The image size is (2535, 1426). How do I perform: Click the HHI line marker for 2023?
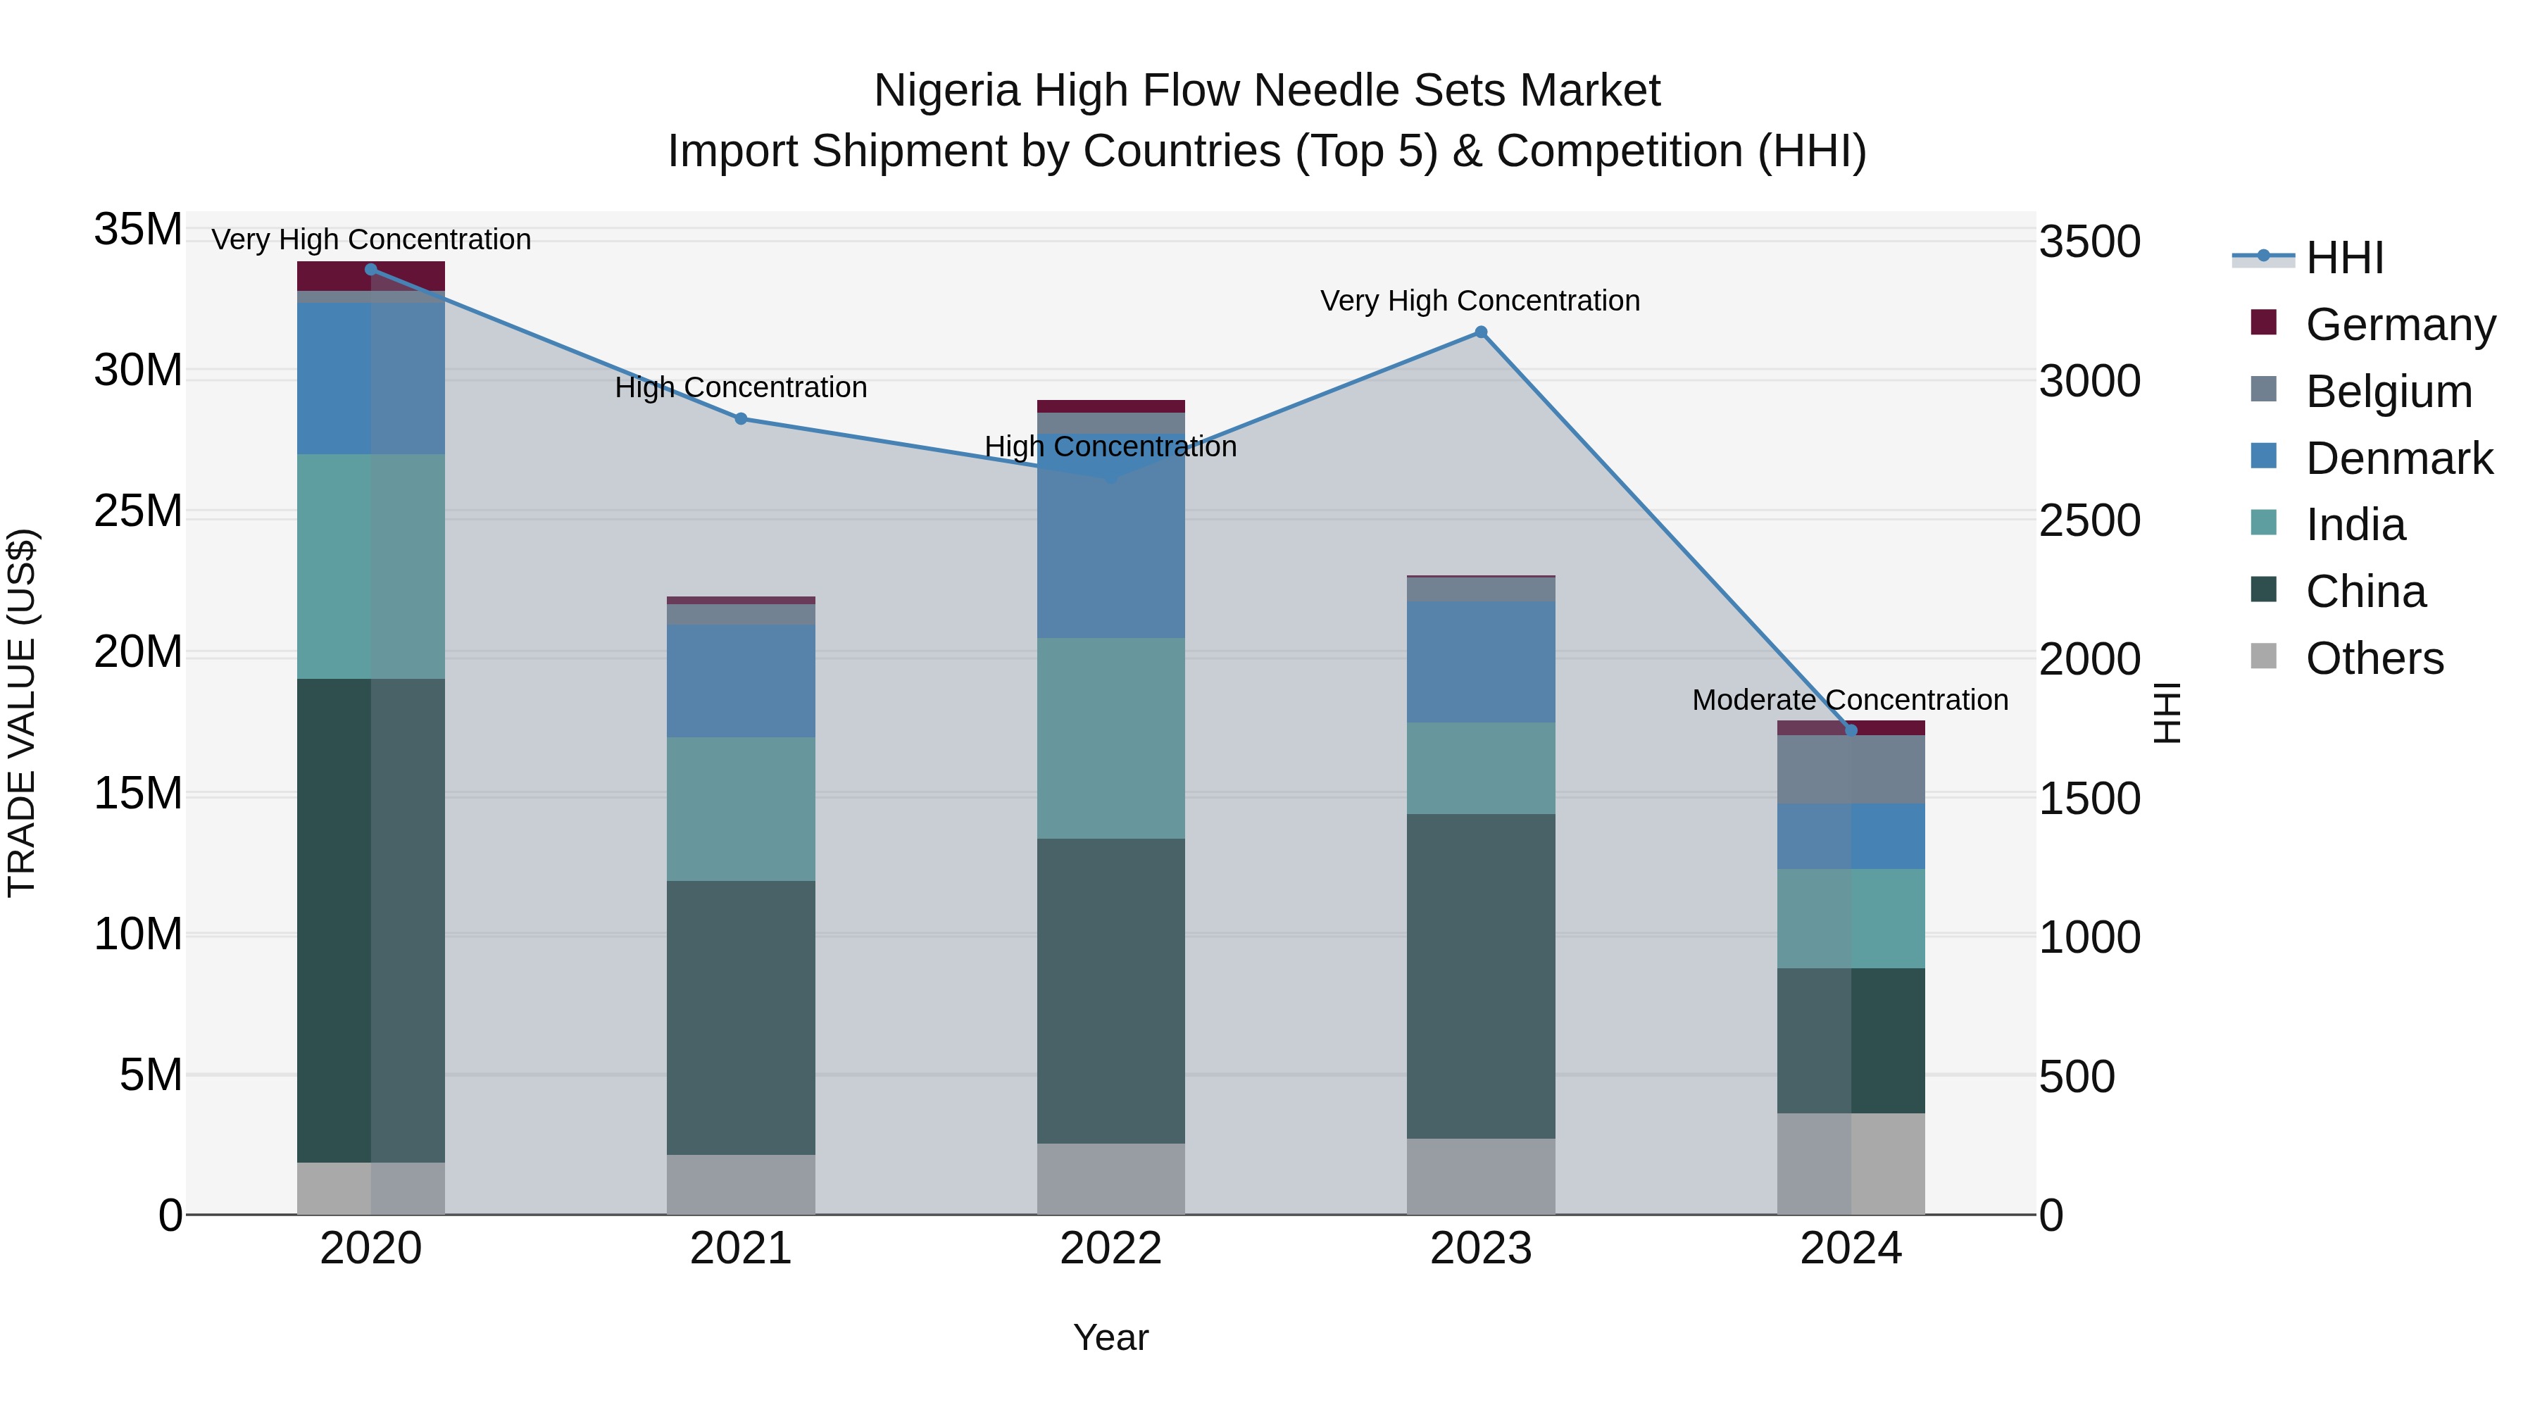tap(1480, 332)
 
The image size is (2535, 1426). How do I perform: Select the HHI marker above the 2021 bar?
tap(741, 418)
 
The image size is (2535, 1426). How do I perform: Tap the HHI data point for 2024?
tap(1850, 730)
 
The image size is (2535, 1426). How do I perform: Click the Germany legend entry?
tap(2399, 325)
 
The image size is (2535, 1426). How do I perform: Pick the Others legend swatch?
tap(2263, 656)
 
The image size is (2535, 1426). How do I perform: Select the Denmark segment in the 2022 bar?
tap(1111, 537)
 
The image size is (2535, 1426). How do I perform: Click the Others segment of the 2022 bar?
tap(1111, 1178)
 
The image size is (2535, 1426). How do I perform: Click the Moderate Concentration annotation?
tap(1849, 700)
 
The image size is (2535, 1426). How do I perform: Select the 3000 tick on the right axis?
tap(2089, 381)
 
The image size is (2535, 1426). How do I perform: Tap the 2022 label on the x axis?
tap(1111, 1249)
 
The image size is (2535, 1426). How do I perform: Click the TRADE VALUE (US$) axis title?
tap(22, 713)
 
